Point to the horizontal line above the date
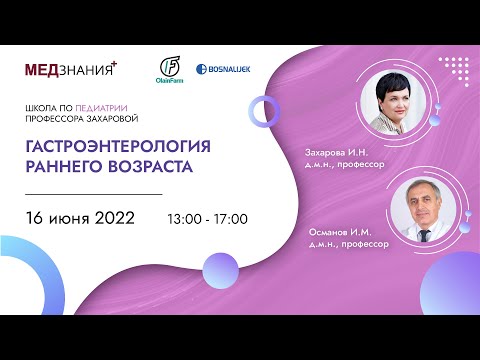92,193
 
